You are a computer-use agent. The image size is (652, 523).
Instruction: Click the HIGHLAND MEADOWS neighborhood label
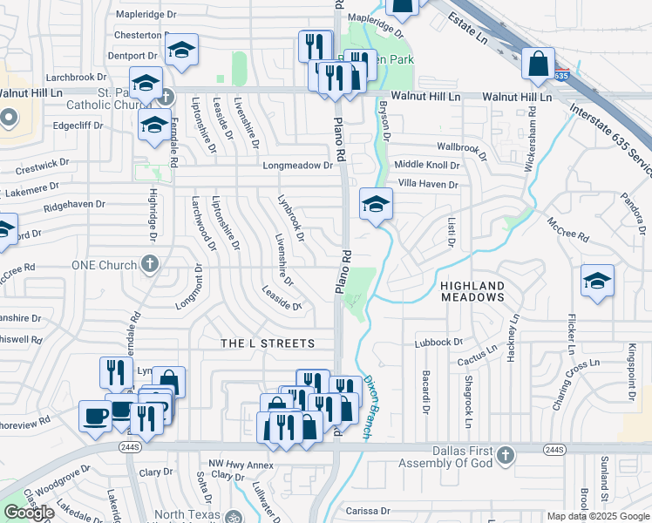(x=472, y=291)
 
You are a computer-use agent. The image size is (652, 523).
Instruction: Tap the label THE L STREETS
(x=255, y=343)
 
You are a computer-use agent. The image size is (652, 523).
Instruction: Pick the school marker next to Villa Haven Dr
(x=377, y=204)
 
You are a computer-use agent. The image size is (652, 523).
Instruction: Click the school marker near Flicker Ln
(x=598, y=281)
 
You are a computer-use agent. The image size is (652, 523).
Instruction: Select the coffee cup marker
(x=95, y=415)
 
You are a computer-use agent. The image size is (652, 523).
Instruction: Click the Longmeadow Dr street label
(x=298, y=165)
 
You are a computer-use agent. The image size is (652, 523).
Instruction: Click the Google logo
(x=30, y=513)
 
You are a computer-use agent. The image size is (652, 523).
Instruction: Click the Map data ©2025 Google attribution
(x=597, y=516)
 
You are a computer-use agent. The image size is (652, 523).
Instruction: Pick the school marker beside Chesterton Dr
(x=182, y=50)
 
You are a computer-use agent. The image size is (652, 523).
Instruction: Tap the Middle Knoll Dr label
(x=426, y=165)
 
